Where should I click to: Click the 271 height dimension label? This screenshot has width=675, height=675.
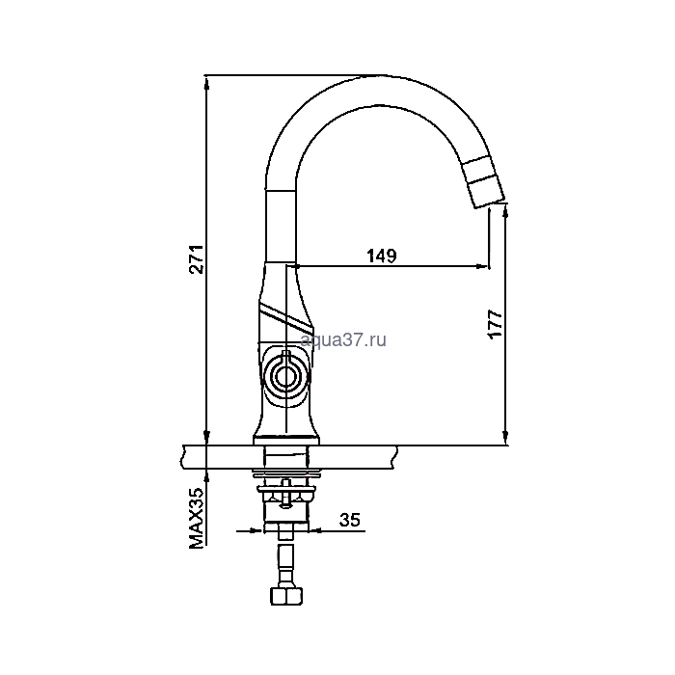(x=197, y=259)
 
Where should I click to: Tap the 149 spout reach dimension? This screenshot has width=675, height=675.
(x=382, y=256)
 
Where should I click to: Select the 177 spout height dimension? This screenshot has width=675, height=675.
(x=495, y=324)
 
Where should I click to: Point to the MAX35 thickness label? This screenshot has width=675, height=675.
(x=197, y=518)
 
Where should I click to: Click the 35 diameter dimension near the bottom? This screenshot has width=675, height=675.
(x=349, y=520)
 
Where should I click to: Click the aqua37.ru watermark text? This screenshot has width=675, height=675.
(x=343, y=340)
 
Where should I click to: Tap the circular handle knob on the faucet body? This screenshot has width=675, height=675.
(x=284, y=377)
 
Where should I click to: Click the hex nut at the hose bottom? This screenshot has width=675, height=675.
(x=286, y=596)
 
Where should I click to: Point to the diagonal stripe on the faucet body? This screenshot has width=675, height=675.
(x=286, y=315)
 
